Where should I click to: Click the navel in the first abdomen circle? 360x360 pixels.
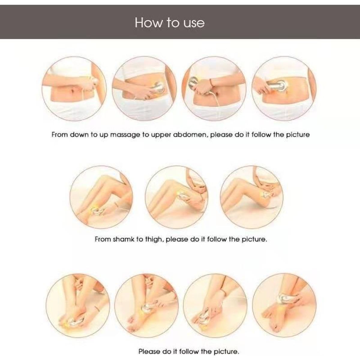pos(73,91)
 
